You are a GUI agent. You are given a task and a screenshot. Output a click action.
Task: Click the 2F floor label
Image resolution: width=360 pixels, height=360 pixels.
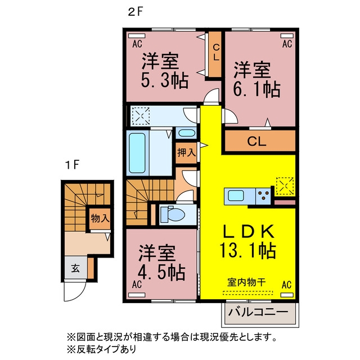135,12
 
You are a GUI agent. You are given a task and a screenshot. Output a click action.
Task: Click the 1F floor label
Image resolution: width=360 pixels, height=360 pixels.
73,165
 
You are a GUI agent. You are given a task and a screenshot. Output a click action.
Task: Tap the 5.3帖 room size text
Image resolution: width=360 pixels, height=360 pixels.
165,80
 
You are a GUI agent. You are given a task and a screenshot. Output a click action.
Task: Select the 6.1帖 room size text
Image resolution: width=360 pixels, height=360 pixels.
256,89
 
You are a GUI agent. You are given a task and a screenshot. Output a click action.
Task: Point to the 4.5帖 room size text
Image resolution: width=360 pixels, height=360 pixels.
161,272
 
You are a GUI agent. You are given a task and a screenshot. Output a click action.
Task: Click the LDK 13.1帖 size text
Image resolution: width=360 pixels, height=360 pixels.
247,251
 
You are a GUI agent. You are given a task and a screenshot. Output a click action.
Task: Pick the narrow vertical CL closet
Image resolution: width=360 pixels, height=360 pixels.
215,54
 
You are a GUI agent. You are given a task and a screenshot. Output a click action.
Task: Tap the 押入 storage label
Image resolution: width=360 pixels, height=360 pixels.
186,152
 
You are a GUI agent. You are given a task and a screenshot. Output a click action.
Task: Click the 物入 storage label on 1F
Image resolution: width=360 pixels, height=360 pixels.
100,218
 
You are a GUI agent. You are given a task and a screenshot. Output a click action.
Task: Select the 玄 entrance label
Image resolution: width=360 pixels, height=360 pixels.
75,268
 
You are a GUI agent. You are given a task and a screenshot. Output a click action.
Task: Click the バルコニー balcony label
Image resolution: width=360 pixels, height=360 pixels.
258,312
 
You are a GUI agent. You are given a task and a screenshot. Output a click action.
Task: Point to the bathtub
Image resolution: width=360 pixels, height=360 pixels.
137,153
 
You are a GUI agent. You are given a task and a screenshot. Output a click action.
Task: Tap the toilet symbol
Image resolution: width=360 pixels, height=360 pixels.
173,214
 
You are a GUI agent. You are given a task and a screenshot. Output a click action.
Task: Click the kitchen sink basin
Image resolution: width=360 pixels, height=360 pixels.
236,196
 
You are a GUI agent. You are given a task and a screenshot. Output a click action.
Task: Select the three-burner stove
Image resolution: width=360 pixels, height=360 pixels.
263,196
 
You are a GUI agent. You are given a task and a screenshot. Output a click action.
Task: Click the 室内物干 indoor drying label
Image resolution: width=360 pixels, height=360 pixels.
246,282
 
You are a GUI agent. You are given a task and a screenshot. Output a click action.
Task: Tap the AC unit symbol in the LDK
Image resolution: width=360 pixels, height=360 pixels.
287,295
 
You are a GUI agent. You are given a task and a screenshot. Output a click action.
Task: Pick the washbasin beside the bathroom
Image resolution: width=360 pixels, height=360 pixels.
186,133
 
